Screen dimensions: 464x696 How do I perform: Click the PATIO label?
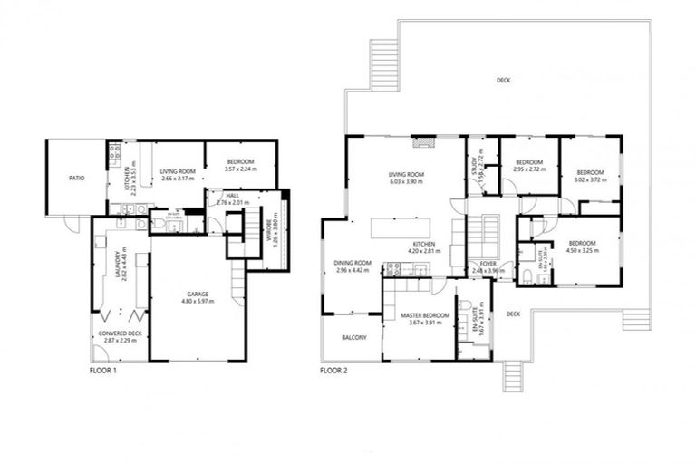point(76,179)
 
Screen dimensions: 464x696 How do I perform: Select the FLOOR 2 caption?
point(334,371)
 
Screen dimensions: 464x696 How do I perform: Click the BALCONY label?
point(354,338)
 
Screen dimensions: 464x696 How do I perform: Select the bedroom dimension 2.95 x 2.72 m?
point(528,169)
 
